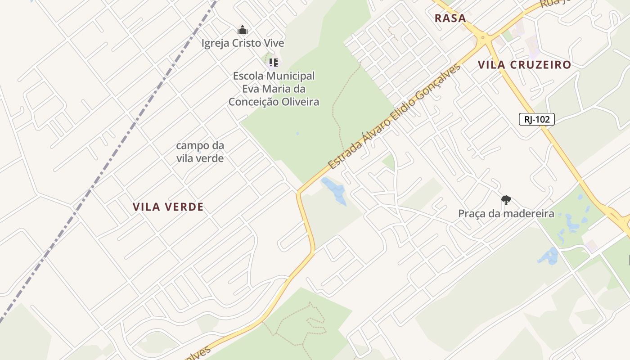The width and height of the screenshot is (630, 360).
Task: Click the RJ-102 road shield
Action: (536, 119)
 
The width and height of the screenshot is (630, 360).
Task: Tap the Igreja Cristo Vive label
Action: (243, 43)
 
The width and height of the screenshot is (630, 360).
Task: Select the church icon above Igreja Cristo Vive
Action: (243, 30)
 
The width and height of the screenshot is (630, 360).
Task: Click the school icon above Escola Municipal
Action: (273, 63)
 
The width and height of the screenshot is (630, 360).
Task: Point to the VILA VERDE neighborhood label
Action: (168, 207)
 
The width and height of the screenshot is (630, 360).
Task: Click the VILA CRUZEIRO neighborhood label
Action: (524, 65)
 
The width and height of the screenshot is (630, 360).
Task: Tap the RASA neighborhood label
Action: (450, 18)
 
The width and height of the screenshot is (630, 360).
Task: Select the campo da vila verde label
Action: (200, 152)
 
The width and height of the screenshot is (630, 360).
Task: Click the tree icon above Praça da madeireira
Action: (506, 200)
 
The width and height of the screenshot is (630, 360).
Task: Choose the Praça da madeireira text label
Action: (506, 213)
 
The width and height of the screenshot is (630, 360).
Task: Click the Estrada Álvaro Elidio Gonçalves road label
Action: (394, 117)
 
